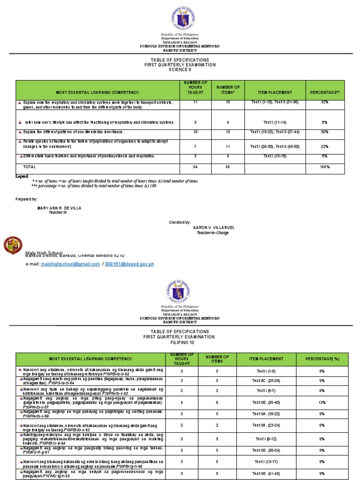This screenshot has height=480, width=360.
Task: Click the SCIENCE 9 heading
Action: coord(180,70)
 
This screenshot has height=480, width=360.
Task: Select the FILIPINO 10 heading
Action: coord(180,343)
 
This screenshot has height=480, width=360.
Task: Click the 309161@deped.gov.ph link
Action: coord(131,264)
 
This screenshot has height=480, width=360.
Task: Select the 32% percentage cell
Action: coord(324,102)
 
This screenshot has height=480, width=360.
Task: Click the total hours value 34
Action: coord(188,166)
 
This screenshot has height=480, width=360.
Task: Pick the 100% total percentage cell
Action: coord(324,166)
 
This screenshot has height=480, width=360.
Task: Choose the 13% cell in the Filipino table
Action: coord(322,402)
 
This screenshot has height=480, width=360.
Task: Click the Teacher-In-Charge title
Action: coord(212,232)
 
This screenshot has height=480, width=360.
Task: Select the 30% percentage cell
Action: coord(324,132)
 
